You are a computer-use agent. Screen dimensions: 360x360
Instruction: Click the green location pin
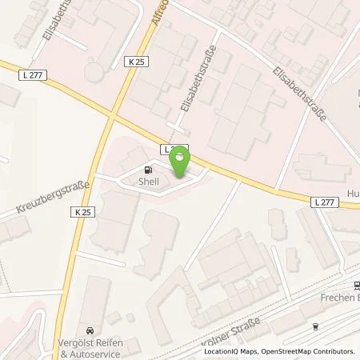pyautogui.click(x=182, y=161)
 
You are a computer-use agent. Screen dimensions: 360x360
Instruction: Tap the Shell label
pyautogui.click(x=149, y=182)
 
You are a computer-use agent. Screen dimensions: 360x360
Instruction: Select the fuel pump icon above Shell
pyautogui.click(x=148, y=170)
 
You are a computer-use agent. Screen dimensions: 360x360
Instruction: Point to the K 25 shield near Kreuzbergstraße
pyautogui.click(x=86, y=212)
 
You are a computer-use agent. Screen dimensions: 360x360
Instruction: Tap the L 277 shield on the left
pyautogui.click(x=29, y=73)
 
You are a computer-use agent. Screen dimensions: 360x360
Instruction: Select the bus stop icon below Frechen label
pyautogui.click(x=318, y=326)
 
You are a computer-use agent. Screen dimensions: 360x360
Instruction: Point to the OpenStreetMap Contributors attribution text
pyautogui.click(x=303, y=351)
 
